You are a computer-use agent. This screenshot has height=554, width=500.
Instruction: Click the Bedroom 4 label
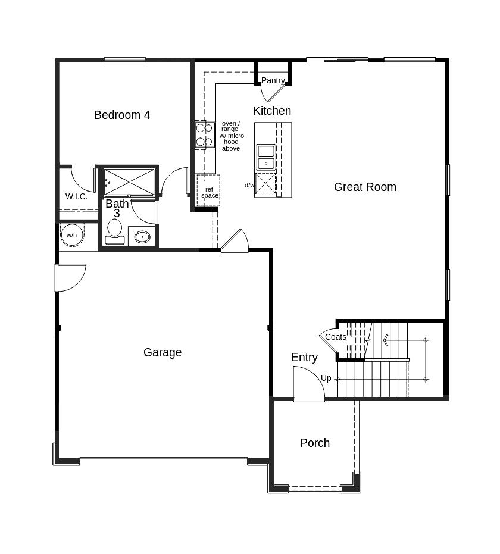122,115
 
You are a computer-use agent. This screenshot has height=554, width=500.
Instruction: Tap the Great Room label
365,187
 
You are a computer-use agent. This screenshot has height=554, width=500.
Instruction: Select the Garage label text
162,352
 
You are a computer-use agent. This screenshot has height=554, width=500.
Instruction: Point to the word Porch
315,443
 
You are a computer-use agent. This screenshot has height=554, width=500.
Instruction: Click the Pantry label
273,80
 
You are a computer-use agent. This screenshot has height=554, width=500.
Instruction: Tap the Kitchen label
272,111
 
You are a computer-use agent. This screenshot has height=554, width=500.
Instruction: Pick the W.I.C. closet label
76,196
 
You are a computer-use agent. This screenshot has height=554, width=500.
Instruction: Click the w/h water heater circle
72,235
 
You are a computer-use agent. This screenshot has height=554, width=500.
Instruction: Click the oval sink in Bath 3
142,237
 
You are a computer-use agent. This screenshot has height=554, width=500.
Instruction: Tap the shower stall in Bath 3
129,182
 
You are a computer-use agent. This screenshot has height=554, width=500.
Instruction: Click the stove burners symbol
205,134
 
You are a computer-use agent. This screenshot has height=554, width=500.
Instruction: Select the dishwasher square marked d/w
265,183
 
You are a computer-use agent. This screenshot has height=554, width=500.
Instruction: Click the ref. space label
210,192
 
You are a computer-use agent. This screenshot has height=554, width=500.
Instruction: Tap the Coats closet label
336,337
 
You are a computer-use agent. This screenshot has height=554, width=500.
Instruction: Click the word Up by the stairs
326,378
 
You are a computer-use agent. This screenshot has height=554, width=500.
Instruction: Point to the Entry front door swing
309,384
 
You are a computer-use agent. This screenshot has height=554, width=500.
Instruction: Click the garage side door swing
70,278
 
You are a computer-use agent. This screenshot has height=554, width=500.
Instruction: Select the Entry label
304,357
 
